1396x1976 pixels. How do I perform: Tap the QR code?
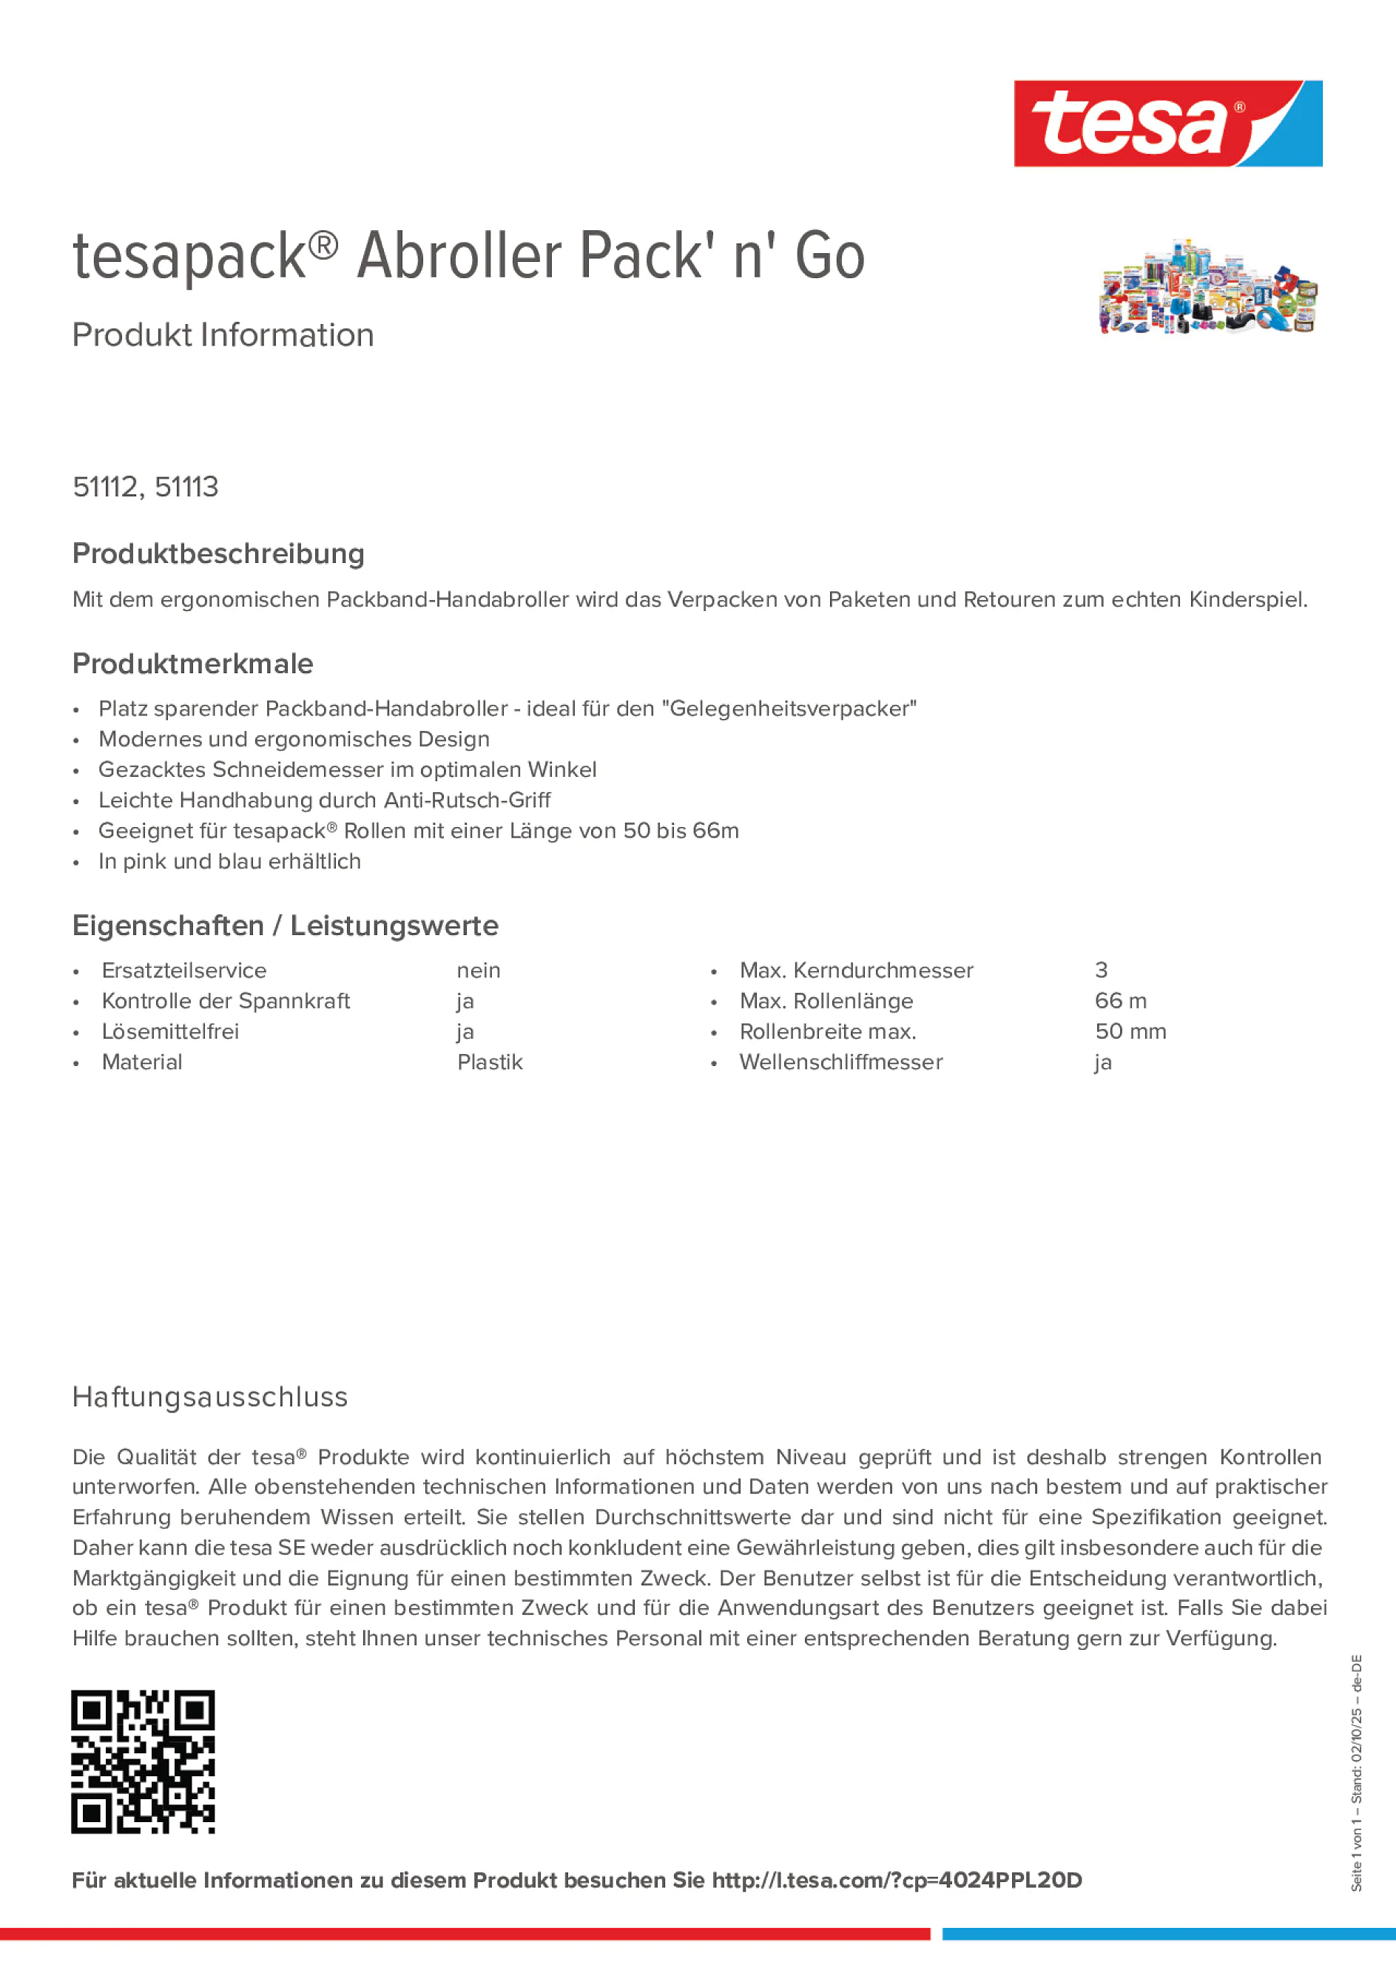(143, 1761)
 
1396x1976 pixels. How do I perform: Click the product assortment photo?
(1207, 285)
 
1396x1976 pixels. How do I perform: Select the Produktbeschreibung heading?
(218, 553)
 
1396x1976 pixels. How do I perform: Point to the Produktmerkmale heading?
(193, 664)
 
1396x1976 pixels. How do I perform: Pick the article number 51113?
(186, 487)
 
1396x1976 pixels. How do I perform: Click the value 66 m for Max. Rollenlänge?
(1120, 1001)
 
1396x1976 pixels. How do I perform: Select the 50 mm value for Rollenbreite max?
(1130, 1031)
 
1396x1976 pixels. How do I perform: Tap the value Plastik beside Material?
(490, 1062)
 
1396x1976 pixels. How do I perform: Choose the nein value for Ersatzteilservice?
(479, 971)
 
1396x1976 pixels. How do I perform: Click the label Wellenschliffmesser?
(841, 1062)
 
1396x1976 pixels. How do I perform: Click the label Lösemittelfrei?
(170, 1031)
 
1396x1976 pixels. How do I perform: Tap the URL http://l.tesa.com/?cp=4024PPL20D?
(896, 1881)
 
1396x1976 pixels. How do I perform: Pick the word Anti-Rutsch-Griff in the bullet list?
(468, 800)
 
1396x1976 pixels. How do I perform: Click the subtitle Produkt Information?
(223, 335)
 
